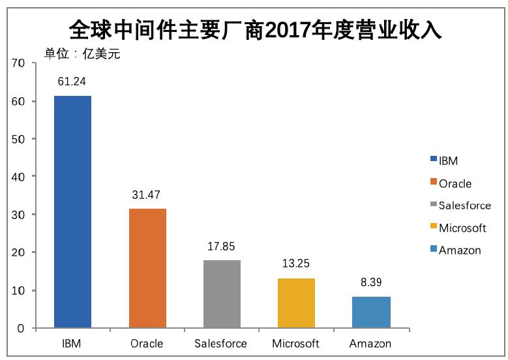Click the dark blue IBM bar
[x=72, y=211]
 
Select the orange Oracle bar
[x=147, y=268]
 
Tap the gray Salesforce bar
[x=222, y=293]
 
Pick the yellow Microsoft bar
[x=296, y=303]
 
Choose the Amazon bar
[x=371, y=312]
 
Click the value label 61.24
[x=72, y=82]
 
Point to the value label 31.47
[x=147, y=194]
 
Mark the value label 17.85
[x=222, y=246]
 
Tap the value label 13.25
[x=296, y=263]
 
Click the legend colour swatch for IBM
[x=434, y=160]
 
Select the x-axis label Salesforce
[x=221, y=344]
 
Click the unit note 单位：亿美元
[x=82, y=54]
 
